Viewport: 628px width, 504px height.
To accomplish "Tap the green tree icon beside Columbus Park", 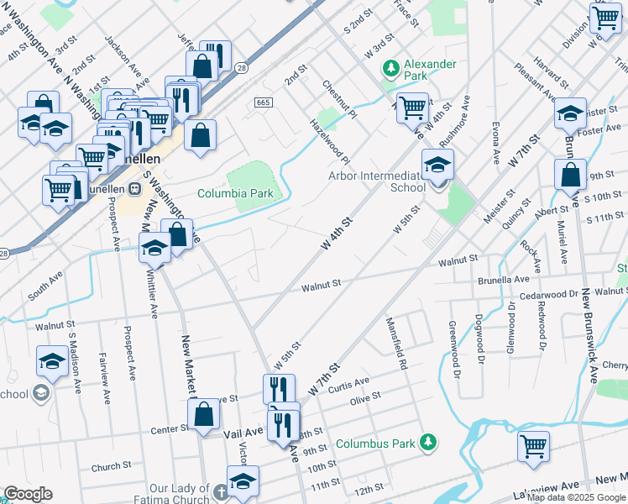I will point(428,442).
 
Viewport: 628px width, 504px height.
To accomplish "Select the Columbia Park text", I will point(235,193).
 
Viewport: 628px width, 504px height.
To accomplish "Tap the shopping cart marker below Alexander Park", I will point(411,108).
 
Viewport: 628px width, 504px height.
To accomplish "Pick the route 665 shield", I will point(263,102).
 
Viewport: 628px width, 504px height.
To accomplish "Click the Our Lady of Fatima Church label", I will point(180,494).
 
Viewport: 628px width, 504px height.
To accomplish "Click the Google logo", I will point(28,494).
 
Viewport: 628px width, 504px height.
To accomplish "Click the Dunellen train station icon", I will point(134,188).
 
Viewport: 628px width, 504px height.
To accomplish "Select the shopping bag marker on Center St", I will point(203,414).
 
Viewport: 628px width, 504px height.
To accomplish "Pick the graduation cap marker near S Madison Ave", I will point(52,361).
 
